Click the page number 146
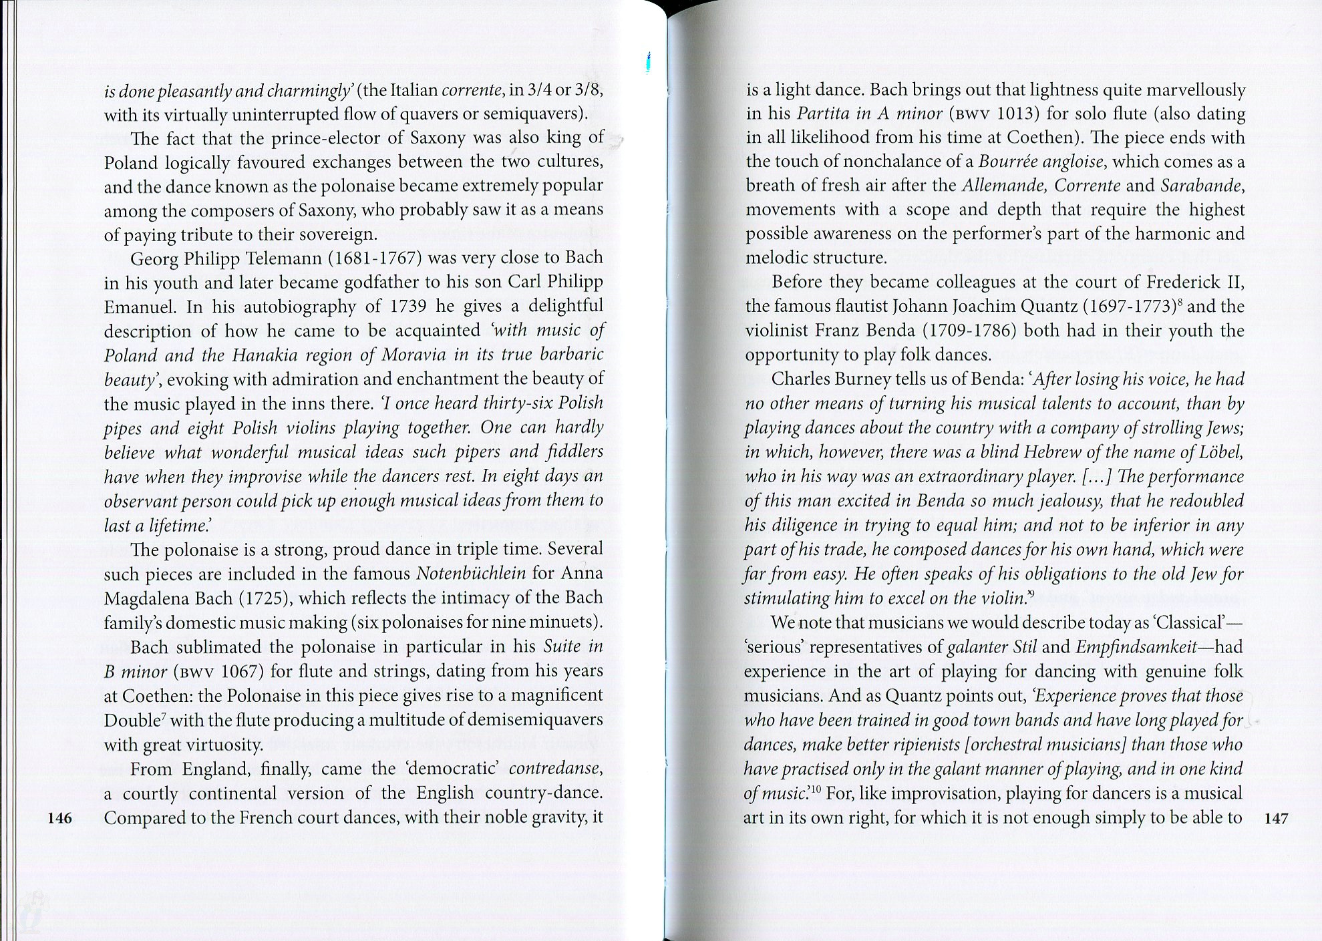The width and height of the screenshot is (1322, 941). (60, 818)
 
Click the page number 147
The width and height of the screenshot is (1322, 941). (1276, 818)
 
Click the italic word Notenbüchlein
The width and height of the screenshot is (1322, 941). (471, 574)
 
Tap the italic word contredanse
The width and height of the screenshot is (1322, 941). (556, 769)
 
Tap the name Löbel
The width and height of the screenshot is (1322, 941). (1220, 453)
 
